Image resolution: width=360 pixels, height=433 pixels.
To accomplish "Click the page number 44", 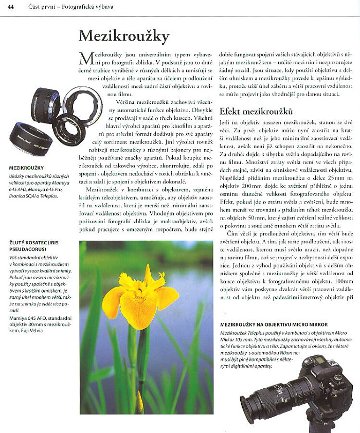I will coord(10,6).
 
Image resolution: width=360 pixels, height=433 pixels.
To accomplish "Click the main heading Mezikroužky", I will coord(123,35).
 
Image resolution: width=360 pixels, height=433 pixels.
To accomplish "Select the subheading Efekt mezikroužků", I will coord(256,112).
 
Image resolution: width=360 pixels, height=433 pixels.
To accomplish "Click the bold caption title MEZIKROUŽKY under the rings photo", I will coord(26,168).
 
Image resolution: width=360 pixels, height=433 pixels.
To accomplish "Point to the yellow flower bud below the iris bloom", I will coord(139,401).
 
